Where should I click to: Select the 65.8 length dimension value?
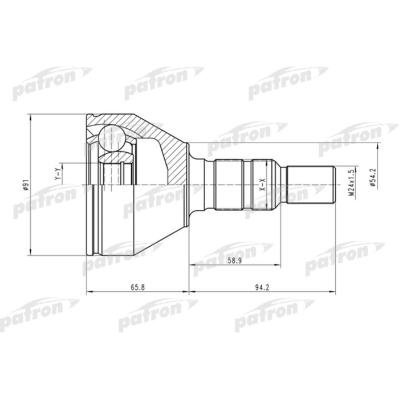point(138,287)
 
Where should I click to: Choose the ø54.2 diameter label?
point(372,177)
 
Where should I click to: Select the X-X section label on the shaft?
point(262,184)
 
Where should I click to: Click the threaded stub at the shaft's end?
point(311,185)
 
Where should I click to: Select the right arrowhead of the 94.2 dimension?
point(332,293)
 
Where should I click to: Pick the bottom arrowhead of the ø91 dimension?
point(30,253)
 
